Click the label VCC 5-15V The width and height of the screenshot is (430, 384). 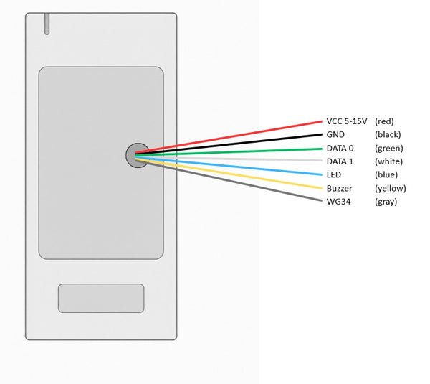(347, 121)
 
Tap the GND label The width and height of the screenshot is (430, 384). (335, 135)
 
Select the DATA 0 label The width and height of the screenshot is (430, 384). (340, 149)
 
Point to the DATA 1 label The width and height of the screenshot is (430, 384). (340, 161)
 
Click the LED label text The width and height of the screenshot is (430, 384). (334, 174)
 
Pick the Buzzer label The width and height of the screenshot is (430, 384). (339, 189)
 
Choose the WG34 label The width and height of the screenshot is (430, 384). (338, 202)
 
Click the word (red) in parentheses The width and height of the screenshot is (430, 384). (384, 121)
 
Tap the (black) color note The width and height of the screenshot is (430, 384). (388, 135)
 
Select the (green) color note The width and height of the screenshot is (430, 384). (389, 149)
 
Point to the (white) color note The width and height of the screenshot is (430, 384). (388, 161)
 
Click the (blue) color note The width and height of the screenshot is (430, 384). (386, 174)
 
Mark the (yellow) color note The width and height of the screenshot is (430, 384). (391, 189)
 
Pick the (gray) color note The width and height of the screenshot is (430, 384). (386, 202)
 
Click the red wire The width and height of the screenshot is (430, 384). (229, 137)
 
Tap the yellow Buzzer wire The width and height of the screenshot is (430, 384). (229, 173)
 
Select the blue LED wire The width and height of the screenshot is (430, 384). (229, 165)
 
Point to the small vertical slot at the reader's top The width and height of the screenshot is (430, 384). (47, 24)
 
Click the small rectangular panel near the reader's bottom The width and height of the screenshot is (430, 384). (101, 298)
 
